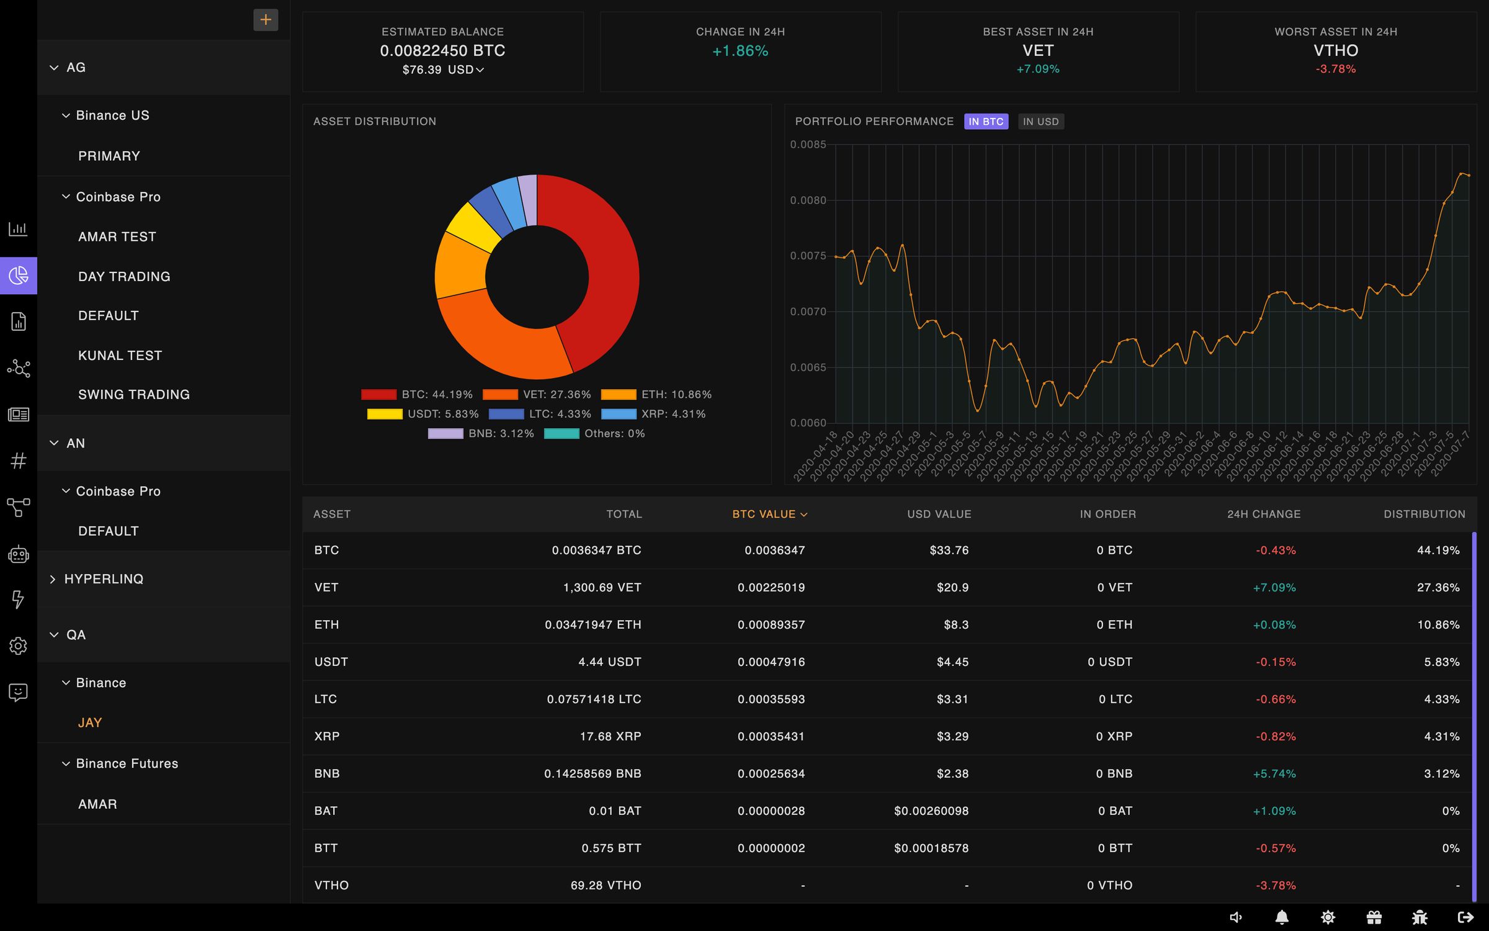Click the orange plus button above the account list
(266, 20)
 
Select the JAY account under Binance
(90, 722)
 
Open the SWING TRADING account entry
(134, 395)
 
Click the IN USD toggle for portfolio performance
(1040, 122)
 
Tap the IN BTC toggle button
(986, 122)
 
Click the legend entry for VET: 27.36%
(537, 395)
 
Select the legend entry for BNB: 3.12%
(481, 434)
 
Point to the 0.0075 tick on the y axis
(808, 256)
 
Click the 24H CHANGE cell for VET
(1274, 587)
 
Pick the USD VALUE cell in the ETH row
(955, 624)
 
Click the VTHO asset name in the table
(331, 885)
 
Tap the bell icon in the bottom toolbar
(1282, 917)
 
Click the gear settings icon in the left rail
(18, 645)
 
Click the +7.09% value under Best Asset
(1037, 69)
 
